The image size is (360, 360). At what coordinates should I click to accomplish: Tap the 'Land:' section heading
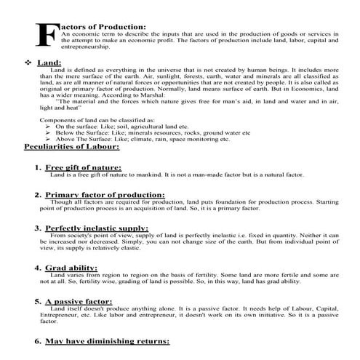click(47, 63)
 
